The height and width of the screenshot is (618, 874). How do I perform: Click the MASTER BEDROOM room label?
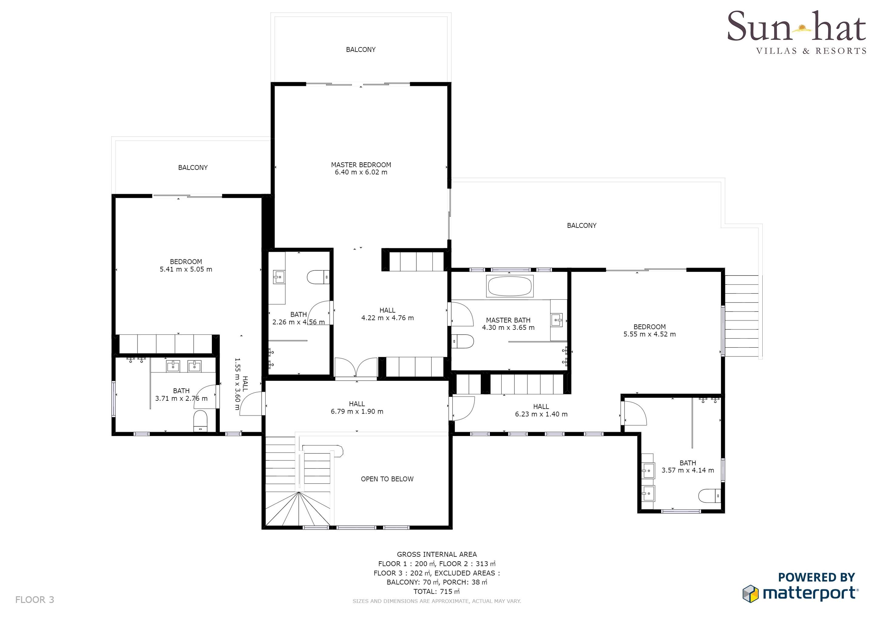pos(361,165)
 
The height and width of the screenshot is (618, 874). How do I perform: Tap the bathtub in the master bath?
pos(510,286)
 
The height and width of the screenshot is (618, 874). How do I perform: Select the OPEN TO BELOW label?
pos(387,479)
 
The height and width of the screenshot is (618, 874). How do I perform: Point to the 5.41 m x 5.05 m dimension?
pos(186,269)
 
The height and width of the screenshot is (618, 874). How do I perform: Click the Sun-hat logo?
pos(796,32)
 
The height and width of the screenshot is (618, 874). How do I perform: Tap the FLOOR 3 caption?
pos(35,600)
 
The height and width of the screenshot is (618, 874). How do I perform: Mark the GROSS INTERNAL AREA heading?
pos(437,555)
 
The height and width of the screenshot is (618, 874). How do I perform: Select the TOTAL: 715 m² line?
pos(437,591)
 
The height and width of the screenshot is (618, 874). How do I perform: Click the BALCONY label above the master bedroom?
pos(361,49)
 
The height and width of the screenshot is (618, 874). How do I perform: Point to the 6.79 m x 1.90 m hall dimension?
pos(357,411)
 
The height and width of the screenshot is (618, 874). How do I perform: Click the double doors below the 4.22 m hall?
pos(356,368)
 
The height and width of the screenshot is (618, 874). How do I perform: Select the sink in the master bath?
pos(556,320)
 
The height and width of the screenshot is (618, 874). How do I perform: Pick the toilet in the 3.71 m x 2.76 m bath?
pos(200,421)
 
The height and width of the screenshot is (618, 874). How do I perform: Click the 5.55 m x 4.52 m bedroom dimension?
pos(649,334)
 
